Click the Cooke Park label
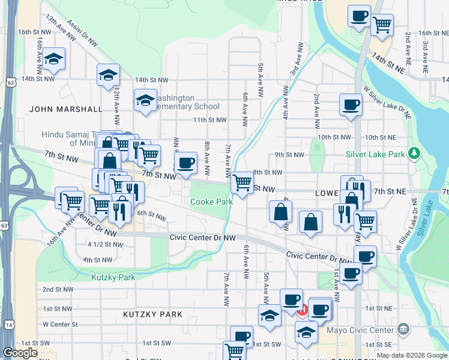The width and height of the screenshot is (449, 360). pyautogui.click(x=211, y=202)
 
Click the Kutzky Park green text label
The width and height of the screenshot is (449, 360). pyautogui.click(x=113, y=277)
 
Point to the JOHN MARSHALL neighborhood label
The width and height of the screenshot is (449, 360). pyautogui.click(x=66, y=109)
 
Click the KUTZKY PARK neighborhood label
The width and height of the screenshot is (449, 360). pyautogui.click(x=152, y=314)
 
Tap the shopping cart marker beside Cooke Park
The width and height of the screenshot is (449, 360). pyautogui.click(x=242, y=182)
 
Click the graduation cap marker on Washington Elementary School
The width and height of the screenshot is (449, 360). pyautogui.click(x=145, y=100)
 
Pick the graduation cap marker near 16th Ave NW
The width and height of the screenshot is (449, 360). pyautogui.click(x=54, y=58)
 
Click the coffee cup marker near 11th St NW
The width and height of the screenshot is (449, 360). pyautogui.click(x=351, y=104)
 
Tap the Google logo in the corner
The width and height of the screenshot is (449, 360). pyautogui.click(x=20, y=353)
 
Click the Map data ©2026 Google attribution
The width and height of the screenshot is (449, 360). pyautogui.click(x=412, y=355)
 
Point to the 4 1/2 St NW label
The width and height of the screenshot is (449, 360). pyautogui.click(x=105, y=245)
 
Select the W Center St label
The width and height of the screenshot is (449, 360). pyautogui.click(x=60, y=325)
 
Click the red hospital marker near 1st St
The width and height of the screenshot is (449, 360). pyautogui.click(x=303, y=311)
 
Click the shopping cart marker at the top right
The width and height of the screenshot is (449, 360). pyautogui.click(x=382, y=25)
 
